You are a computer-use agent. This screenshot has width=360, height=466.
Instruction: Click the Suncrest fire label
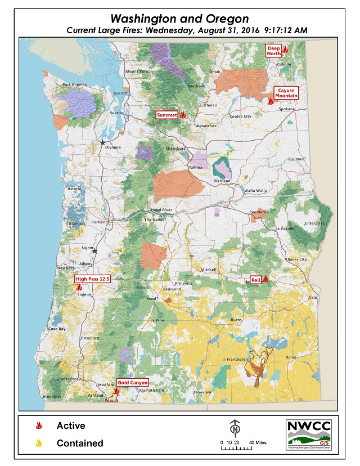pyautogui.click(x=167, y=115)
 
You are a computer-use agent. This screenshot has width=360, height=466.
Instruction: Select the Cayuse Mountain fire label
pyautogui.click(x=287, y=93)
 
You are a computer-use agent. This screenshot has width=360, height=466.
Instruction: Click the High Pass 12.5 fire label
pyautogui.click(x=92, y=279)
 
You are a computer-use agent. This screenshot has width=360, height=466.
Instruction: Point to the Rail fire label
pyautogui.click(x=255, y=279)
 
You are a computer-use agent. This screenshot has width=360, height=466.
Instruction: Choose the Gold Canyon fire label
pyautogui.click(x=133, y=383)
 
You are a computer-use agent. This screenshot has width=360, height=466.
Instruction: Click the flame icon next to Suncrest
pyautogui.click(x=183, y=115)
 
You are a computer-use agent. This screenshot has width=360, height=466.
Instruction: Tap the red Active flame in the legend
pyautogui.click(x=39, y=426)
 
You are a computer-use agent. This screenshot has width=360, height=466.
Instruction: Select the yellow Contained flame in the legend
pyautogui.click(x=39, y=443)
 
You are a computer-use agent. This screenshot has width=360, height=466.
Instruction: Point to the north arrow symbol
pyautogui.click(x=235, y=428)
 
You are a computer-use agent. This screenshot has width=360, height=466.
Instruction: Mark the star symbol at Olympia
pyautogui.click(x=102, y=143)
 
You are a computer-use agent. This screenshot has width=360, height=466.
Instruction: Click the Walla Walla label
pyautogui.click(x=255, y=190)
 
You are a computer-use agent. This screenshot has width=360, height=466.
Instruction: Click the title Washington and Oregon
pyautogui.click(x=179, y=19)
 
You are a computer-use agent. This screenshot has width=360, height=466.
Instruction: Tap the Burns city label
pyautogui.click(x=236, y=320)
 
